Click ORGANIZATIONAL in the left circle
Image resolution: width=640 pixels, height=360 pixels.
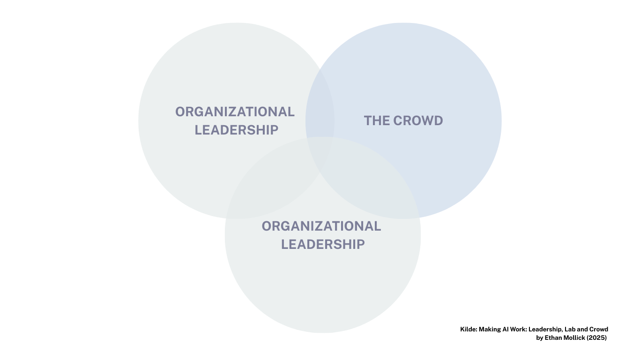click(x=235, y=112)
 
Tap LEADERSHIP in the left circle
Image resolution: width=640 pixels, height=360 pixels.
click(x=236, y=130)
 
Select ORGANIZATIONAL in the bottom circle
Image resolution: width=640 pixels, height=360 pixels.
click(x=321, y=226)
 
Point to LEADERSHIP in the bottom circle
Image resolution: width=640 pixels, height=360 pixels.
click(x=323, y=245)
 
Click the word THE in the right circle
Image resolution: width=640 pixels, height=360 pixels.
click(x=377, y=120)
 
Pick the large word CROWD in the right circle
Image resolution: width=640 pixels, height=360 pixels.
click(x=418, y=120)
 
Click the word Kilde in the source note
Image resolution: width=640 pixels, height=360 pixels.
click(x=469, y=330)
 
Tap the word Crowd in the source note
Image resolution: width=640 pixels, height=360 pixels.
click(x=599, y=330)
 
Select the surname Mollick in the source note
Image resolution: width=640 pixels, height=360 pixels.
click(x=574, y=338)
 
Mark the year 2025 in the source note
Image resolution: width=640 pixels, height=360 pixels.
click(x=596, y=338)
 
